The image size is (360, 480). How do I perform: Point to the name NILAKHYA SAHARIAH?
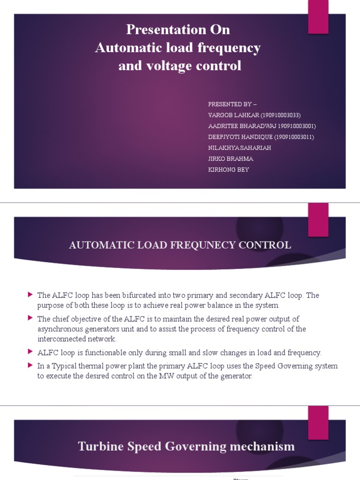pos(240,148)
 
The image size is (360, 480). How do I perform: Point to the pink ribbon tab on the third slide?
pos(318,423)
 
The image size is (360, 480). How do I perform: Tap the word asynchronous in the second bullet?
pos(60,329)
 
